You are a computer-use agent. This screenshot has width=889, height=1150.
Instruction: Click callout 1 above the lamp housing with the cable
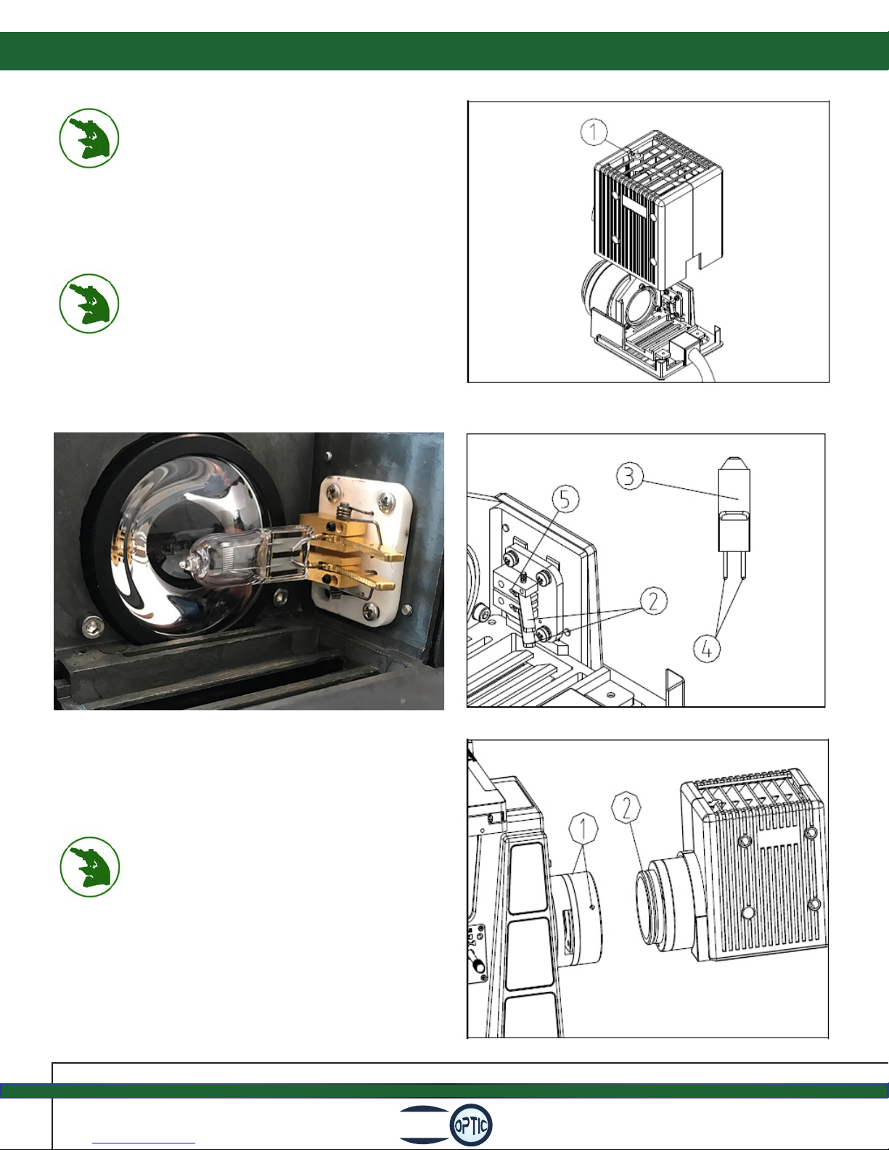(594, 132)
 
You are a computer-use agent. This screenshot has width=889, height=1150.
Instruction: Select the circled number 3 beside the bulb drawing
(630, 476)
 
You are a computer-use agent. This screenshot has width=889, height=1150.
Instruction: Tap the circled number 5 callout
(565, 499)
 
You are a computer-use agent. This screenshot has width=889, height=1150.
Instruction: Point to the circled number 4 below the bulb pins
(707, 648)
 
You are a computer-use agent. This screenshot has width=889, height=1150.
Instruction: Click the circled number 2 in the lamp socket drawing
(654, 601)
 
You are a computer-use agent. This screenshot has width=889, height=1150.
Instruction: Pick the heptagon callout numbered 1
(583, 828)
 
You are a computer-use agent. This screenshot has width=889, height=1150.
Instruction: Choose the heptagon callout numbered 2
(626, 807)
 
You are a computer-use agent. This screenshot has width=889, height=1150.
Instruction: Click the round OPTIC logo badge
(471, 1125)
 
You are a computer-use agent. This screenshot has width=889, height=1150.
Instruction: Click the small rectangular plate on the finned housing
(634, 206)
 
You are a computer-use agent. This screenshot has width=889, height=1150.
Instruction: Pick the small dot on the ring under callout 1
(592, 906)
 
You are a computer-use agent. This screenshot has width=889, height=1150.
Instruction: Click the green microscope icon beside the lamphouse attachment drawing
(89, 866)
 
